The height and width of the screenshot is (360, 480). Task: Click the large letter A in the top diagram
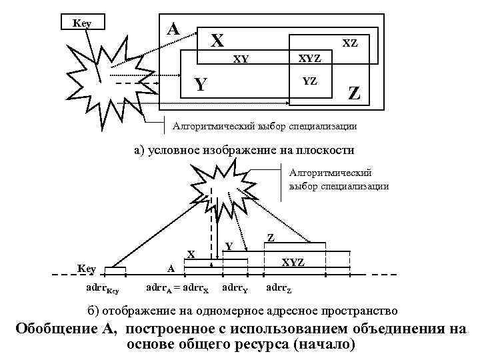[x=173, y=29]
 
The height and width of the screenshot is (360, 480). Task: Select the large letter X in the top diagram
[x=216, y=41]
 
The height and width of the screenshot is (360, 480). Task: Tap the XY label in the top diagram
[x=241, y=59]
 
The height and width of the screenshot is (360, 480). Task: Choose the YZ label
[x=309, y=81]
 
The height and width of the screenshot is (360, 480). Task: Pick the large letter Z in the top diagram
[x=354, y=94]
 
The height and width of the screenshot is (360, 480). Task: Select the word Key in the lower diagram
[x=87, y=268]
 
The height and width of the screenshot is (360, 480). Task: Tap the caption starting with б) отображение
[x=243, y=311]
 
